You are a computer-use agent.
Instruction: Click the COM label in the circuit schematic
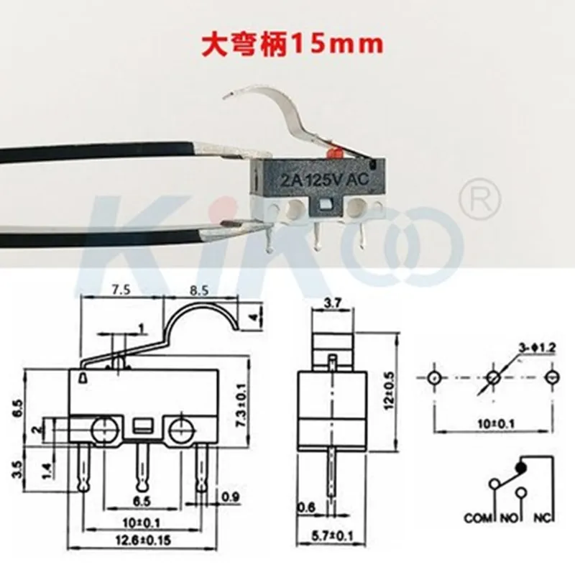478,517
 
